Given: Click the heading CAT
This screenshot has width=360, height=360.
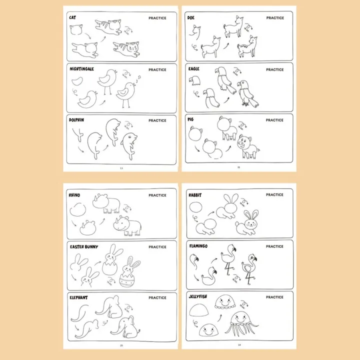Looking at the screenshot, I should pos(72,18).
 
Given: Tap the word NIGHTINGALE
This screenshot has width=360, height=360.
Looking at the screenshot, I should pos(82,69).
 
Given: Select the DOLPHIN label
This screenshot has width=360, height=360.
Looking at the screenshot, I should pos(76,120).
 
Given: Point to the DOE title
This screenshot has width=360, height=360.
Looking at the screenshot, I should pos(191,17).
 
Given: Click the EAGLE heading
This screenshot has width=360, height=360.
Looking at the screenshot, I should pos(193,69).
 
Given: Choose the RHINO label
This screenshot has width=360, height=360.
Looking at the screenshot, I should pos(74,195).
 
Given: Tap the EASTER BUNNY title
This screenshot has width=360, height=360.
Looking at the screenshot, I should pos(84,246).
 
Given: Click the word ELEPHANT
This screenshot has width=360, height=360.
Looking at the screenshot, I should pos(79,297).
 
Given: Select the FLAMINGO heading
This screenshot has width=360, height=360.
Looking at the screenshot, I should pos(198,246).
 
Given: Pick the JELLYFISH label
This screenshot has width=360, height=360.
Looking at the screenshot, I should pos(198,297).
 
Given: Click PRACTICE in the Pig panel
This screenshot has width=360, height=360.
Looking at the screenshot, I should pos(274,120).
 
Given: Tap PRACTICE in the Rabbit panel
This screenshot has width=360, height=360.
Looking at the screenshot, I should pos(274,195).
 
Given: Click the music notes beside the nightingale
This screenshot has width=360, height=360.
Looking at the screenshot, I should pos(137,78).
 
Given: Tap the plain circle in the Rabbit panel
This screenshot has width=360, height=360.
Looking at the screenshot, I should pos(198,209).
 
